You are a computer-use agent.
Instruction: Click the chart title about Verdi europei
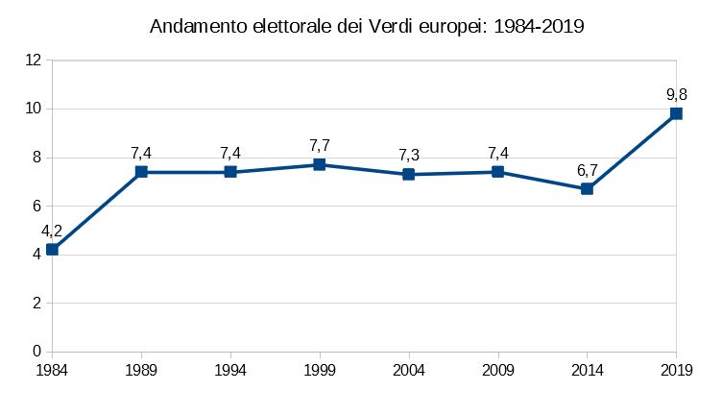[x=368, y=27]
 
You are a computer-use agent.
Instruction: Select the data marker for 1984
[x=52, y=250]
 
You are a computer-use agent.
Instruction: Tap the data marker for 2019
[x=676, y=113]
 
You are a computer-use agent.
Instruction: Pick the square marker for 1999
[x=320, y=164]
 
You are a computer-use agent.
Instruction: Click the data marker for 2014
[x=587, y=189]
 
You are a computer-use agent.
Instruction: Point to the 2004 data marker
[x=409, y=174]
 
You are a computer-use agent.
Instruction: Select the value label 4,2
[x=52, y=231]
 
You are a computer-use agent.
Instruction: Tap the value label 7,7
[x=320, y=145]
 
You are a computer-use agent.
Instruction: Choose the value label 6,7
[x=587, y=170]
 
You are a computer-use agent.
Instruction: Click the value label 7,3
[x=409, y=155]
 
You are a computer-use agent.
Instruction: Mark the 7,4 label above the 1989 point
[x=141, y=153]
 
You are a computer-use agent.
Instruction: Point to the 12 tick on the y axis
[x=33, y=61]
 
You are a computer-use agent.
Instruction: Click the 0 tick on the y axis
[x=36, y=352]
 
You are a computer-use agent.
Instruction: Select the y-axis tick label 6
[x=36, y=207]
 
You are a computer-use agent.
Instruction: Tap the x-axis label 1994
[x=230, y=369]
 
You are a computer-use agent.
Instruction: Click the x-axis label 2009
[x=497, y=369]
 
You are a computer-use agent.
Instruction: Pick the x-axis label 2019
[x=676, y=369]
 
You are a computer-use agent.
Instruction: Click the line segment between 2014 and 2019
[x=632, y=151]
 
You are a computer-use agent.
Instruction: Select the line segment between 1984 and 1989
[x=96, y=211]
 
